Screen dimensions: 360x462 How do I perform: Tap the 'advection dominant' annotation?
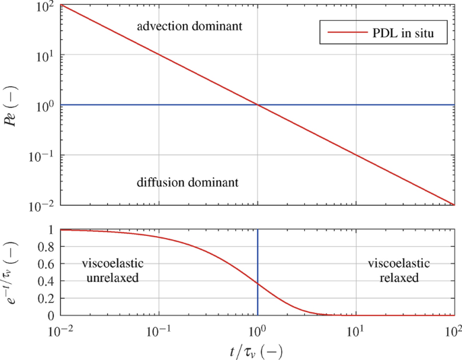[189, 27]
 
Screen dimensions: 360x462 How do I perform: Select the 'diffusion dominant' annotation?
[187, 182]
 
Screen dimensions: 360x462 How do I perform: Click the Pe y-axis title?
[13, 105]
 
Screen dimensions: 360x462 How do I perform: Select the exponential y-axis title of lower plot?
[13, 272]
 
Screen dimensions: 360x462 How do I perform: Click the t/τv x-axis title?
[257, 349]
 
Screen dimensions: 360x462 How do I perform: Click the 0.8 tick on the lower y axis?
[46, 247]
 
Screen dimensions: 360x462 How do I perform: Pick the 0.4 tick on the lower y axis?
[46, 281]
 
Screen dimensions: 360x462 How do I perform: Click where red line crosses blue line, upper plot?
[258, 104]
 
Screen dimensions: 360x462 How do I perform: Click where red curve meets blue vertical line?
[258, 284]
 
